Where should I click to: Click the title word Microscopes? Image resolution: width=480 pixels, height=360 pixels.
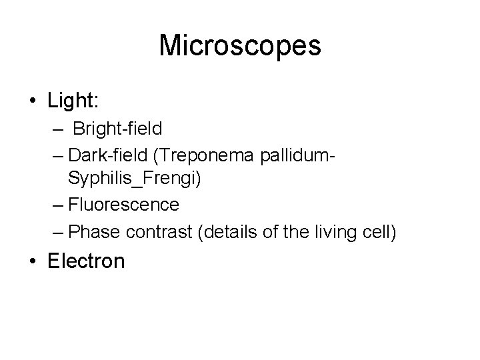(240, 46)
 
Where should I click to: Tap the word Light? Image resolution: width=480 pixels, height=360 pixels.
(72, 101)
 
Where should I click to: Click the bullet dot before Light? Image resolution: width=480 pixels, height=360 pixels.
(32, 101)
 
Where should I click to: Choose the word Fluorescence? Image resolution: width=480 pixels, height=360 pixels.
(124, 204)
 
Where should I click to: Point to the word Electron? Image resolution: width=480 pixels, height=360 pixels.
(86, 261)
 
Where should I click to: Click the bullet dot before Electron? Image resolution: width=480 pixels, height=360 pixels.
(32, 261)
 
